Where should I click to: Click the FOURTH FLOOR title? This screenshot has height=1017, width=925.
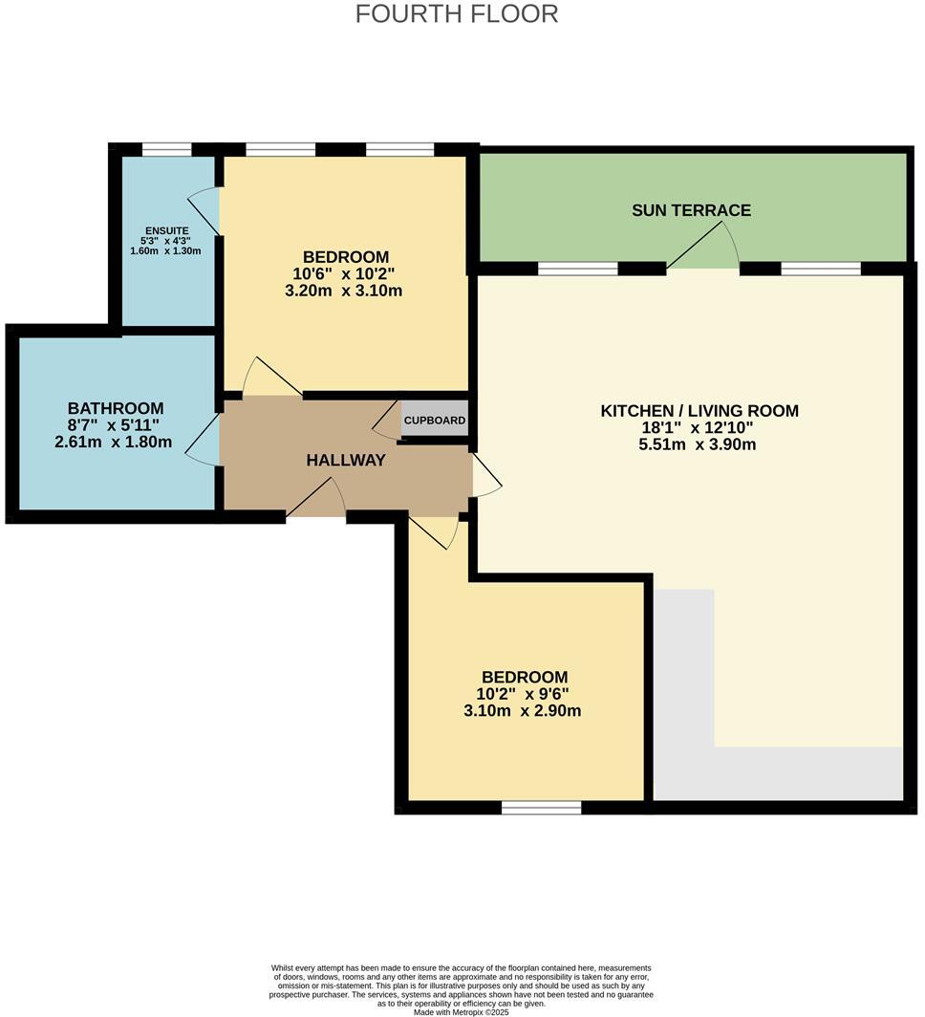point(457,14)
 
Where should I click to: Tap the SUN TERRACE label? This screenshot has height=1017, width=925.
point(691,210)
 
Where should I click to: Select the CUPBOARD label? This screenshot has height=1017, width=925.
point(435,421)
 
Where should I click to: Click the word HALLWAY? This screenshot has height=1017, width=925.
point(346,461)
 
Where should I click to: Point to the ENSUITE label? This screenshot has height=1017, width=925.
point(166,230)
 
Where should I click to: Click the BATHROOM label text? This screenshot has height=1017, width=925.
point(115,408)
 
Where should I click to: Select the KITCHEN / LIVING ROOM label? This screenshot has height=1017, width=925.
point(699,411)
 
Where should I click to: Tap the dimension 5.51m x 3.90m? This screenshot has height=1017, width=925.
point(699,444)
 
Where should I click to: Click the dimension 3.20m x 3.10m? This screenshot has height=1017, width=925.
point(344,291)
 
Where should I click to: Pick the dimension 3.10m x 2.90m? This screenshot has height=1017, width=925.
point(524,710)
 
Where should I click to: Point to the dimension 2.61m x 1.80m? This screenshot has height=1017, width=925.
point(114,442)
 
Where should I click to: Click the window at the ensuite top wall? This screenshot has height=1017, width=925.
point(166,149)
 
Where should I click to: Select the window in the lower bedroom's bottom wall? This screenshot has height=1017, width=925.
point(541,809)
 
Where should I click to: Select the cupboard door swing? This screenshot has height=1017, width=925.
point(386,422)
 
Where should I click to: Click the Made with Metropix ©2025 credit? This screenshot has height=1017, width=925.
point(462,1012)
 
